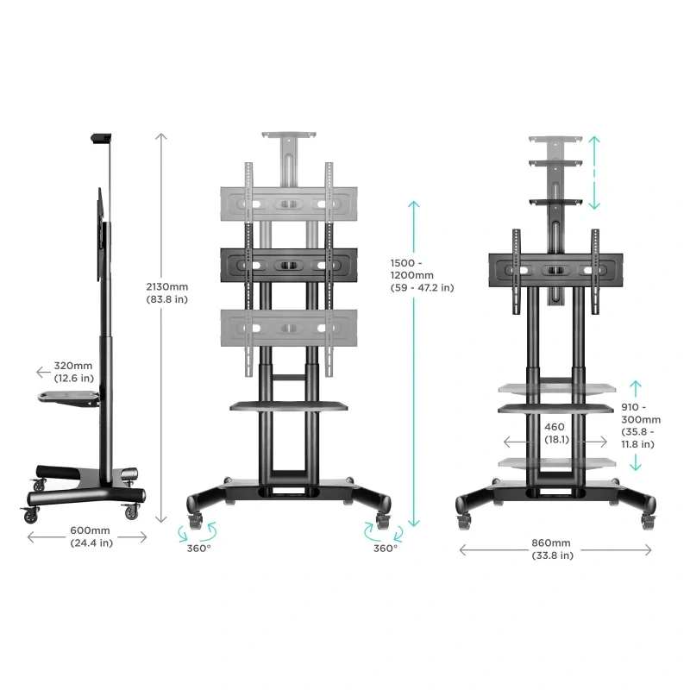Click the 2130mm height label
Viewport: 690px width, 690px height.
click(x=166, y=293)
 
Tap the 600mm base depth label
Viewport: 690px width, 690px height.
click(x=91, y=536)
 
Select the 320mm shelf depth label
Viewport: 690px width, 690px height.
click(x=73, y=372)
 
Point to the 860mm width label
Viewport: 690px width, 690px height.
click(x=552, y=549)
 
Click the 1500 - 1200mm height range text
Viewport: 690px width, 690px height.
click(x=422, y=275)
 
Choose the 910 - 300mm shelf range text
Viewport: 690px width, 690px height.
click(x=641, y=425)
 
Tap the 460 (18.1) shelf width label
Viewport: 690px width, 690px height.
click(x=555, y=433)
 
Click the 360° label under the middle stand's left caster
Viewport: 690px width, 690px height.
click(x=199, y=549)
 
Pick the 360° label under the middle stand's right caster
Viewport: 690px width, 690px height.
click(x=386, y=549)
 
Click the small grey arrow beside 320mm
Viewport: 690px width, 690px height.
click(x=43, y=373)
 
